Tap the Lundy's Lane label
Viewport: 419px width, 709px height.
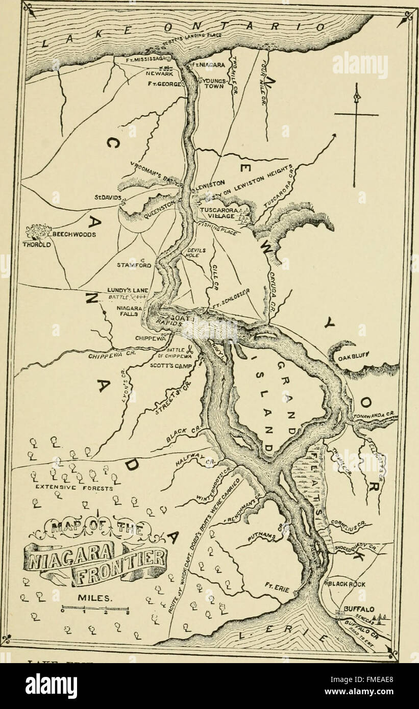click(128, 290)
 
